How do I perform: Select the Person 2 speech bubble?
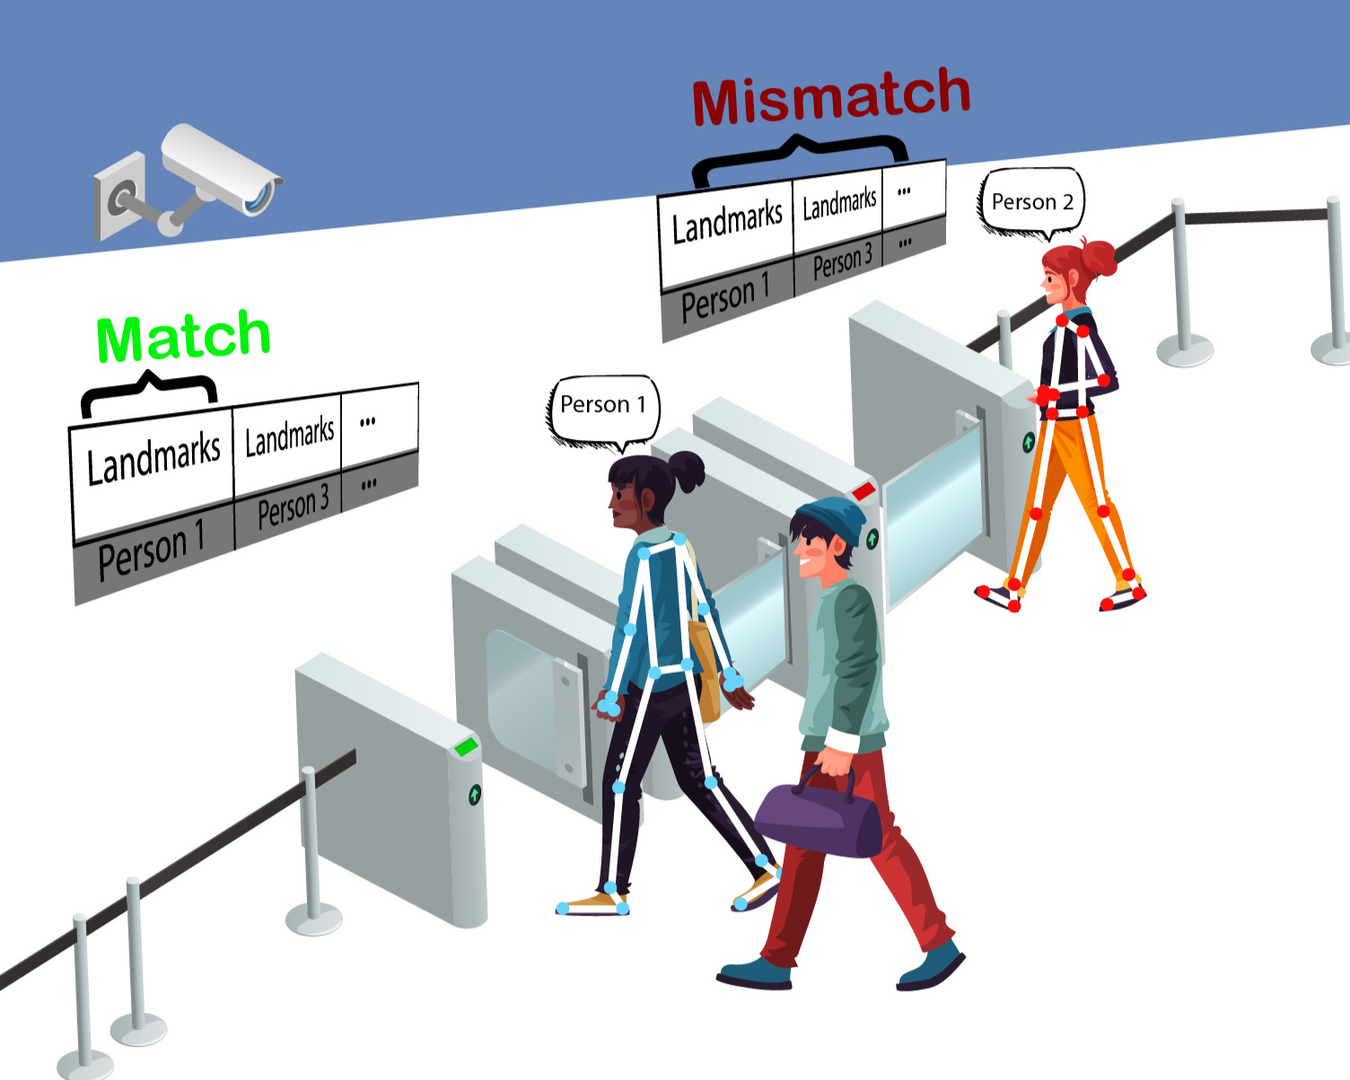(1032, 202)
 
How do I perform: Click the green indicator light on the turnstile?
(466, 746)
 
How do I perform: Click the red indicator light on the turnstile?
(863, 491)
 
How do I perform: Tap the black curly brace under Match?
(149, 388)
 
